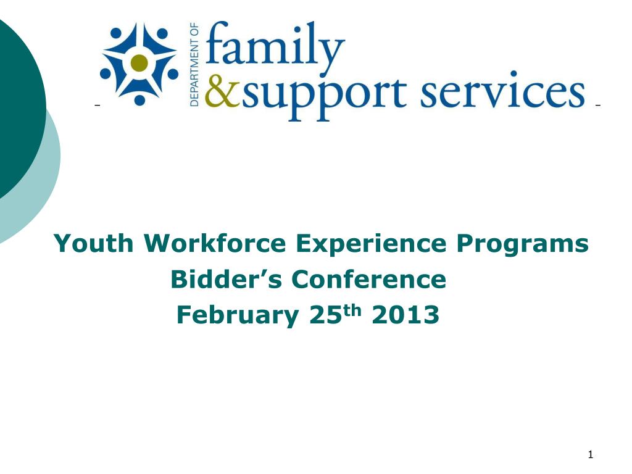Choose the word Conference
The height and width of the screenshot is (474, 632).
[x=368, y=280]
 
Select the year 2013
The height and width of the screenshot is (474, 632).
[x=406, y=315]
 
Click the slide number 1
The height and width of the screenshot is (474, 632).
[x=590, y=455]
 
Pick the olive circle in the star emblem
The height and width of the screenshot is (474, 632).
[x=140, y=62]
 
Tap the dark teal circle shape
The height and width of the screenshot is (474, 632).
[x=15, y=105]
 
